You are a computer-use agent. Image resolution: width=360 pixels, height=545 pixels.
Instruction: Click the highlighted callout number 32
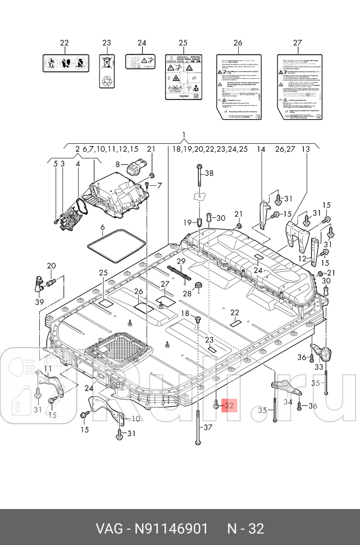(x=229, y=405)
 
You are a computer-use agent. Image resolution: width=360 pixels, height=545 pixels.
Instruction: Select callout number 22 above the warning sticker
(x=64, y=43)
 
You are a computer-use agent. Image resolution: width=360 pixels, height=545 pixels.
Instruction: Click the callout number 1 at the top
(x=183, y=134)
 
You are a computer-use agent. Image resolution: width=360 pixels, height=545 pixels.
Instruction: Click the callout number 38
(x=209, y=173)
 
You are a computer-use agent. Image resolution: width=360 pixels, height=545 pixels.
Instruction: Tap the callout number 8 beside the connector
(x=118, y=164)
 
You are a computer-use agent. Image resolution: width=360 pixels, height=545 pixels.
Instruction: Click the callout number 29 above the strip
(x=181, y=261)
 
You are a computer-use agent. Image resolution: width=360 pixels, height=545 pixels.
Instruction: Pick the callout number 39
(x=39, y=302)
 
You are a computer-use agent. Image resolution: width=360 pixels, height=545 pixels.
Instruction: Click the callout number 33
(x=318, y=366)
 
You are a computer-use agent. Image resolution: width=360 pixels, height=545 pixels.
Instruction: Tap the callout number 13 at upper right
(x=306, y=149)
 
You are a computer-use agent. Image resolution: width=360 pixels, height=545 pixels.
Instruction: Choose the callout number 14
(x=261, y=149)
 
